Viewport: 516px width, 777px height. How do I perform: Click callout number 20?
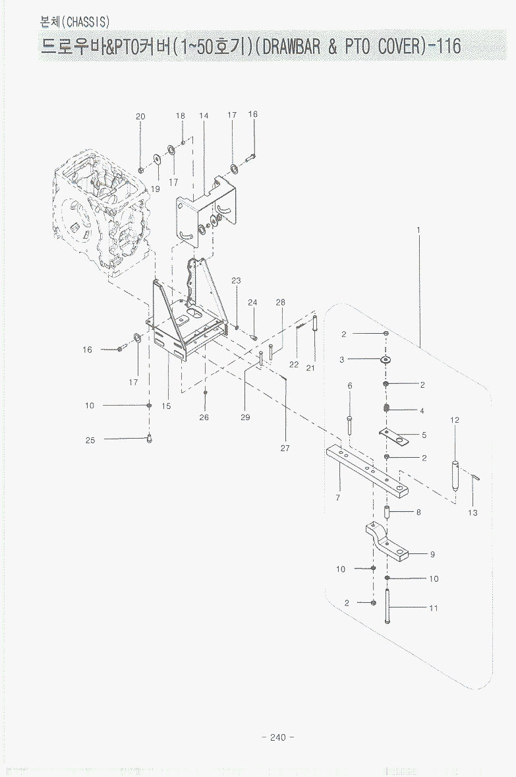pyautogui.click(x=140, y=117)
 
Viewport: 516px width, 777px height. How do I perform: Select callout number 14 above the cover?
pyautogui.click(x=204, y=116)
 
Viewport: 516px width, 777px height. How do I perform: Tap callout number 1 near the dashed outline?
pyautogui.click(x=418, y=230)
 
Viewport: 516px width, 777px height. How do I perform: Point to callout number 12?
pyautogui.click(x=455, y=420)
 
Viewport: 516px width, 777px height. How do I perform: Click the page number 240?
pyautogui.click(x=277, y=737)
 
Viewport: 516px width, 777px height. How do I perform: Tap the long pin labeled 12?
pyautogui.click(x=454, y=474)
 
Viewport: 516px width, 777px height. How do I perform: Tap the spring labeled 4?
pyautogui.click(x=387, y=410)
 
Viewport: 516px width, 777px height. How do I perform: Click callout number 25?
pyautogui.click(x=90, y=441)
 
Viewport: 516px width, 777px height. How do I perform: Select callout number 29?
pyautogui.click(x=245, y=418)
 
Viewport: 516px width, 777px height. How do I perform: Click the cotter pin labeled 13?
pyautogui.click(x=477, y=476)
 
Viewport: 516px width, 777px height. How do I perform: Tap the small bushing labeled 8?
pyautogui.click(x=387, y=513)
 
